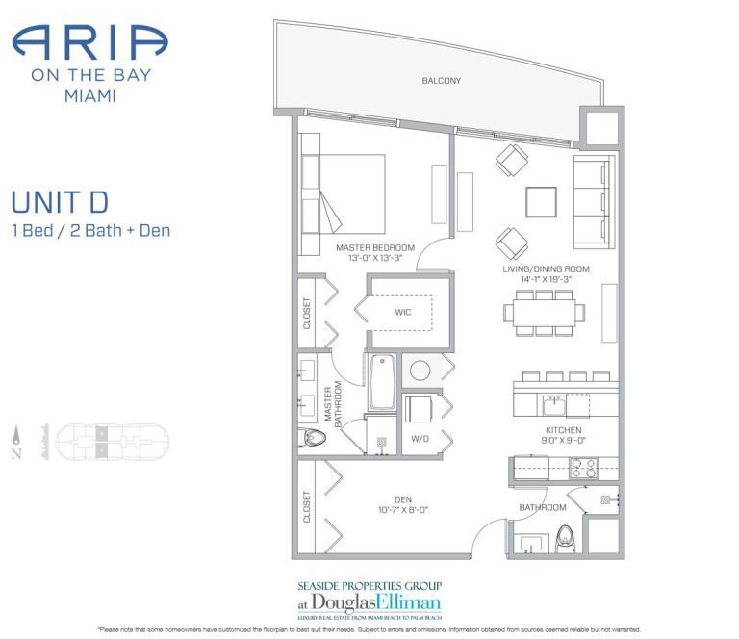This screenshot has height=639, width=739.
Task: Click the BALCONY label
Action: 441,81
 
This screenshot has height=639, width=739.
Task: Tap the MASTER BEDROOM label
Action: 375,248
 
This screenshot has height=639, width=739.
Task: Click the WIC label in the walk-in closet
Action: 403,313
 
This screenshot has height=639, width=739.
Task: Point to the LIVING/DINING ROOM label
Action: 546,268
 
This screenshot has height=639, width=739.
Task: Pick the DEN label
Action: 402,498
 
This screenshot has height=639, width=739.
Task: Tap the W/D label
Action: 420,439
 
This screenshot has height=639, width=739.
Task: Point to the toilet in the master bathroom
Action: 314,438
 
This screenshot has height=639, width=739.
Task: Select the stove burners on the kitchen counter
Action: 583,468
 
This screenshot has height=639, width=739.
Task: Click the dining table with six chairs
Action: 544,312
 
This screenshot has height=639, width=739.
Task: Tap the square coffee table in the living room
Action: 541,201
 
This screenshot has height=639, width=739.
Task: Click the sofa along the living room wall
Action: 594,200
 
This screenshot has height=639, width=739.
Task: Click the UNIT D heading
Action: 59,203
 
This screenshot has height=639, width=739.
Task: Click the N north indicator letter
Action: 16,455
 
